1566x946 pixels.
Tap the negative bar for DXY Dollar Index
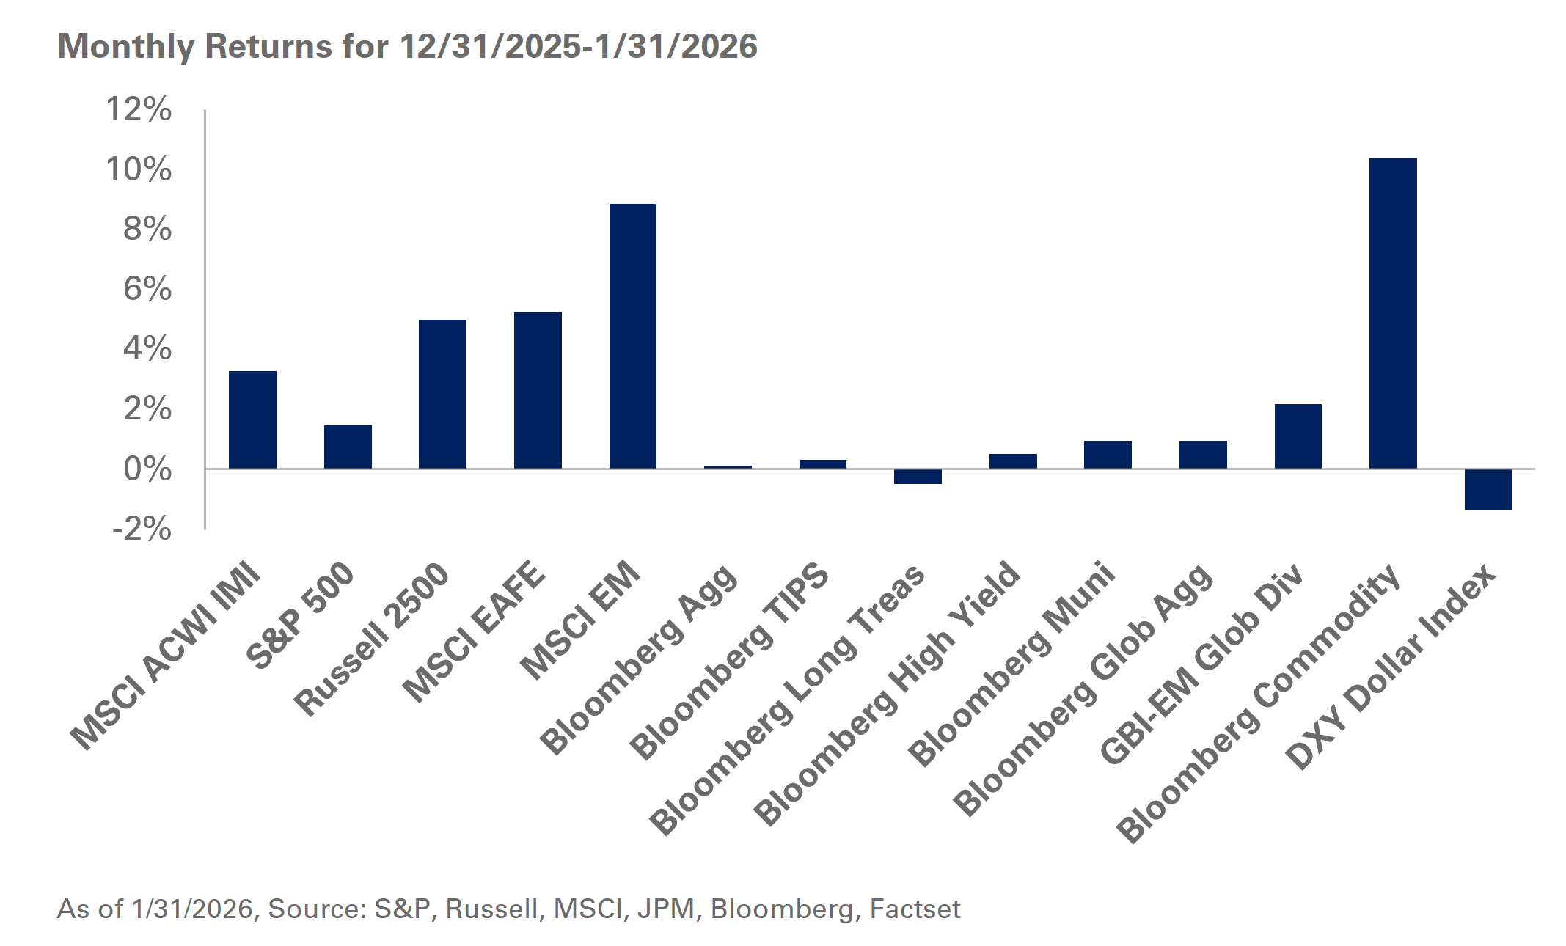(x=1488, y=489)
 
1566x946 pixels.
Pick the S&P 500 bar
(x=348, y=447)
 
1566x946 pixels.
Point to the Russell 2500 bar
(x=442, y=394)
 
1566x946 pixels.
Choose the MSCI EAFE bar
(x=538, y=390)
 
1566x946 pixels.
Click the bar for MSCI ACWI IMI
(x=252, y=419)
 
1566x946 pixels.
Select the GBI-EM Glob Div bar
(x=1298, y=436)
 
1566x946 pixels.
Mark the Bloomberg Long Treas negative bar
(x=918, y=477)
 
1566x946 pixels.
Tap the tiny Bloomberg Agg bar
(x=728, y=466)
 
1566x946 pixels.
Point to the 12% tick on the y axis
(x=139, y=110)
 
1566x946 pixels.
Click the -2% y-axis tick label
(x=142, y=529)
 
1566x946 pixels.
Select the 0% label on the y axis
(x=147, y=469)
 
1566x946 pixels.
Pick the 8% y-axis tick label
(x=147, y=230)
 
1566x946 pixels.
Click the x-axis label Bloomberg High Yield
(x=888, y=693)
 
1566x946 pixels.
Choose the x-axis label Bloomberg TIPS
(x=730, y=660)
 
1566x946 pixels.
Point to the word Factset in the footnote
(x=915, y=909)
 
